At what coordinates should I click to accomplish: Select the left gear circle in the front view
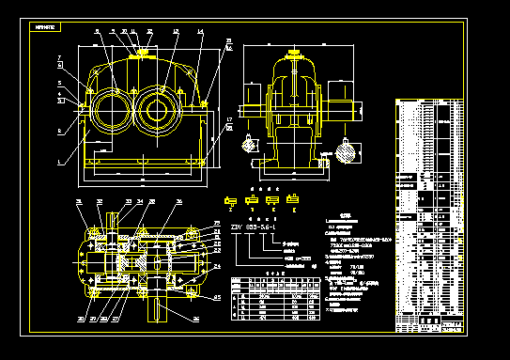point(109,107)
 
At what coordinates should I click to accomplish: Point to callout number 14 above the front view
point(200,32)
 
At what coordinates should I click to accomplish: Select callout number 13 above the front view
point(177,32)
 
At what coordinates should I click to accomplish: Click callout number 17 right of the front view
point(229,118)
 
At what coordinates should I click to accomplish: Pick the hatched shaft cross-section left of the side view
point(248,145)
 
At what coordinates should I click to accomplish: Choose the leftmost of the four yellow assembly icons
point(230,200)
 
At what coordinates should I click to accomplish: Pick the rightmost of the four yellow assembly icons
point(294,199)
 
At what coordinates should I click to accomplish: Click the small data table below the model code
point(272,300)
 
